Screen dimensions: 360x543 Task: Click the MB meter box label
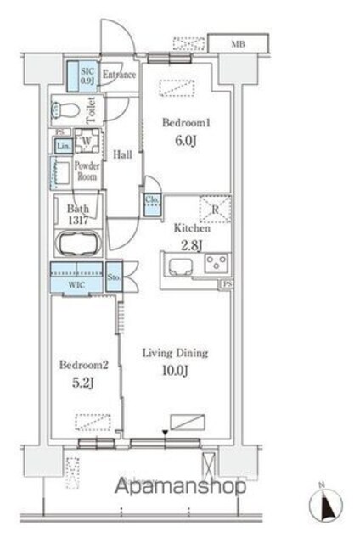click(238, 44)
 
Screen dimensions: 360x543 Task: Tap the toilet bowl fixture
click(65, 110)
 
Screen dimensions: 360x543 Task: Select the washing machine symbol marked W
click(87, 141)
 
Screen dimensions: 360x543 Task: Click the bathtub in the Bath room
click(79, 244)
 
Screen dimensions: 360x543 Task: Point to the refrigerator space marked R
click(215, 210)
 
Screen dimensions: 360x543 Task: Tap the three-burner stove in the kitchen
click(216, 263)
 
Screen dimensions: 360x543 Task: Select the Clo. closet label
click(152, 200)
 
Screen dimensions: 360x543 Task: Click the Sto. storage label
click(114, 277)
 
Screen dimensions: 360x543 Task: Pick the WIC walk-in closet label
click(76, 285)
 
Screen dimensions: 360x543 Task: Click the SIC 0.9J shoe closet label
click(87, 76)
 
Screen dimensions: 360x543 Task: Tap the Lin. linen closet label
click(64, 146)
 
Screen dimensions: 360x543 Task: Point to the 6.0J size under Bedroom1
click(186, 141)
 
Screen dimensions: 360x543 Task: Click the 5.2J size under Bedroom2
click(83, 383)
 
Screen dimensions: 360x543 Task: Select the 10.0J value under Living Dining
click(175, 371)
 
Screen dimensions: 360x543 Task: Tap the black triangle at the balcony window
click(166, 433)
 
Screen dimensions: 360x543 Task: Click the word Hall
click(122, 154)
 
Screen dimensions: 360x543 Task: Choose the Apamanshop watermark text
click(180, 486)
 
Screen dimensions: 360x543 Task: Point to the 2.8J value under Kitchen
click(192, 245)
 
